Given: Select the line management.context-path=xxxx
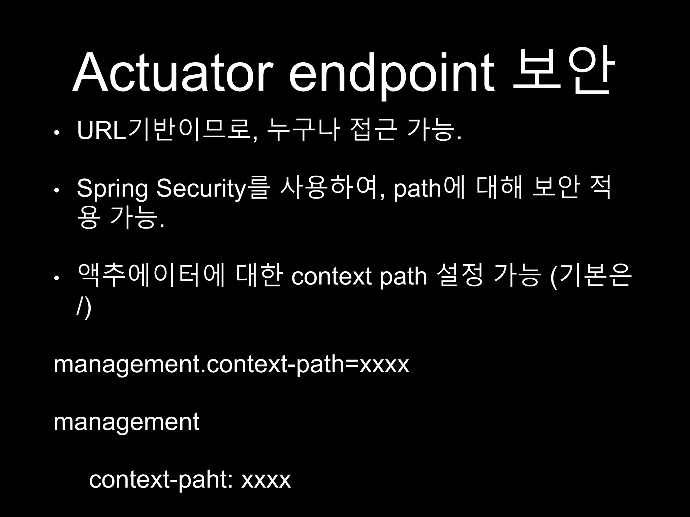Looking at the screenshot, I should coord(231,364).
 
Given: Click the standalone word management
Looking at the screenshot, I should coord(126,422).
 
